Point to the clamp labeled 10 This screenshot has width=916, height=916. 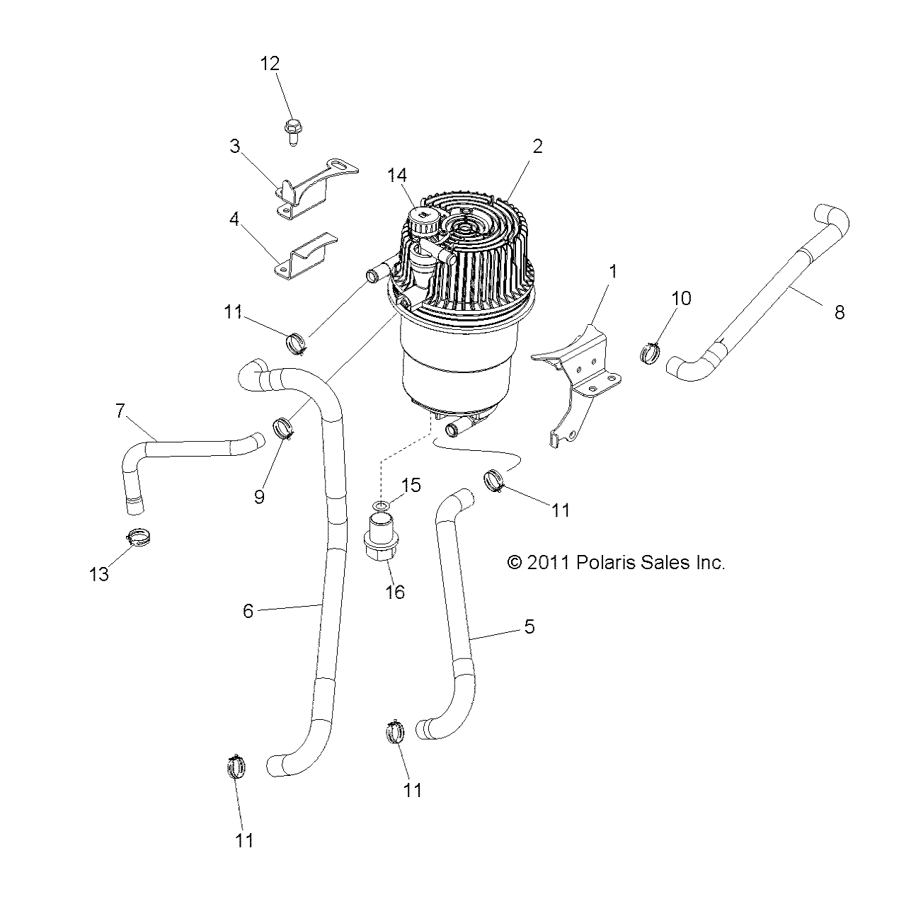(650, 351)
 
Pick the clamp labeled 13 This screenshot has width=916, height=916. (141, 537)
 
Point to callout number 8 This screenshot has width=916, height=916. (839, 311)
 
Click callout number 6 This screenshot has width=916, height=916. (248, 610)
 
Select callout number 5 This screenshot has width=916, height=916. (529, 626)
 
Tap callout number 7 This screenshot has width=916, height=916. (120, 410)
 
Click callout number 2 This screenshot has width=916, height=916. (537, 147)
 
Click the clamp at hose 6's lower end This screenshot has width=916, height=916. (237, 766)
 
